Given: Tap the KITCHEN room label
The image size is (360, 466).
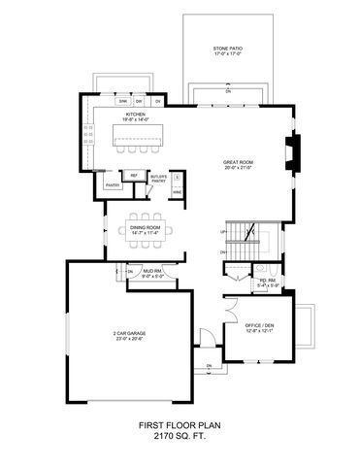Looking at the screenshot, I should pyautogui.click(x=135, y=116).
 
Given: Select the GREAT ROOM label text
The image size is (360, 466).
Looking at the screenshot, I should pyautogui.click(x=237, y=163).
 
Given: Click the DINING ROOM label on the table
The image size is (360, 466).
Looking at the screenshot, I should pyautogui.click(x=147, y=228).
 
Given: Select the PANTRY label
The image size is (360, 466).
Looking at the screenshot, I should pyautogui.click(x=112, y=183).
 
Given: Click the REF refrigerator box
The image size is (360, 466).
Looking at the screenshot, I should pyautogui.click(x=134, y=175).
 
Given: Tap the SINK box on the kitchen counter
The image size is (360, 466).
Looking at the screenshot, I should pyautogui.click(x=123, y=101).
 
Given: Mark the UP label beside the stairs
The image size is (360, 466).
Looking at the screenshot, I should pyautogui.click(x=223, y=233).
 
